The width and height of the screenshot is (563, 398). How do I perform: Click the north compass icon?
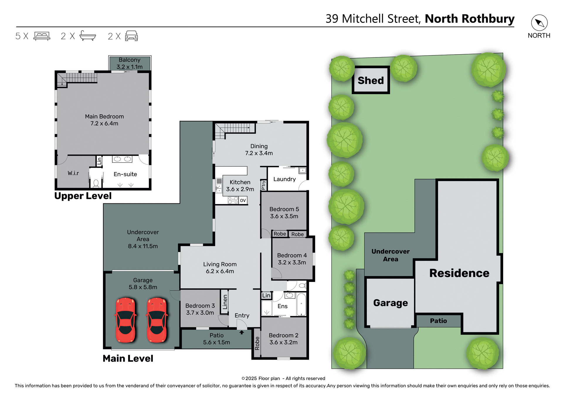539,23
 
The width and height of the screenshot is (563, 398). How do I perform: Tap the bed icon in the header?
42,36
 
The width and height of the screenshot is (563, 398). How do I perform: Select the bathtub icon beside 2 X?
87,35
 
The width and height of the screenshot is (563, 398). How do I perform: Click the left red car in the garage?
126,320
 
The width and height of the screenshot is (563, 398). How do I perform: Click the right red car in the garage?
157,320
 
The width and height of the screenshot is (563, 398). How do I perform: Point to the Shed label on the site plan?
371,80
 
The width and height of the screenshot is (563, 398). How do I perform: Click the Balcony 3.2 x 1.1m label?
130,63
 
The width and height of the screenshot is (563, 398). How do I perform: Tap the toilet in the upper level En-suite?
96,183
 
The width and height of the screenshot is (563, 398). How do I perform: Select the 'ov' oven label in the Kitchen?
243,200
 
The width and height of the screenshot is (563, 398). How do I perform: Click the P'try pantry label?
263,185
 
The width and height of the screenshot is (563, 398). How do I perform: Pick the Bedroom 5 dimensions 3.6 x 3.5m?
284,216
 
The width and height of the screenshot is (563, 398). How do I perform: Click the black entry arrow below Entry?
242,332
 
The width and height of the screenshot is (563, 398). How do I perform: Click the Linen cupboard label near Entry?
225,302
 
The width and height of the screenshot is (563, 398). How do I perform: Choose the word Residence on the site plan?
459,273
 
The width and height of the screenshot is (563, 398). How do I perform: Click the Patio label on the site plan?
438,321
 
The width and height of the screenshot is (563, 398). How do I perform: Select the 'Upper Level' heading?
83,196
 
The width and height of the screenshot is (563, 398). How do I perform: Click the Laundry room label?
284,179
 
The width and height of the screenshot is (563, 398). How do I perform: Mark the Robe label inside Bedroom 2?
257,343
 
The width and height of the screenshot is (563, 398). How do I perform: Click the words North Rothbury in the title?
469,19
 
